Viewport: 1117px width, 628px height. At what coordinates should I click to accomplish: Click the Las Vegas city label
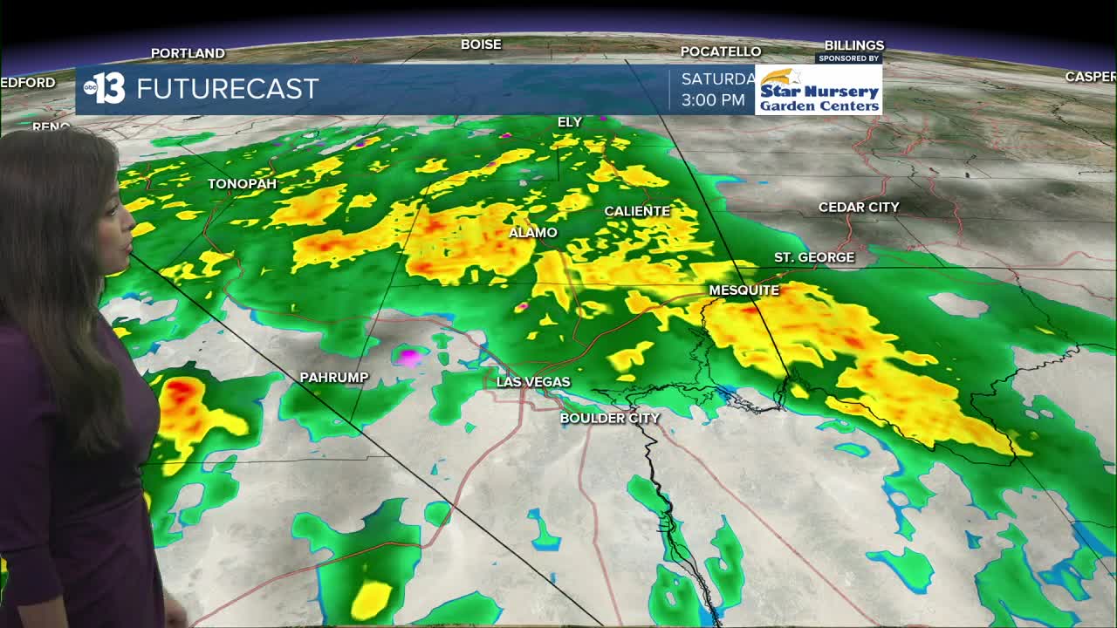click(x=533, y=382)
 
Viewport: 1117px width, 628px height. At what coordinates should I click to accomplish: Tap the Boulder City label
click(x=609, y=418)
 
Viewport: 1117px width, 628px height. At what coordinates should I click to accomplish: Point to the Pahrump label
click(x=333, y=378)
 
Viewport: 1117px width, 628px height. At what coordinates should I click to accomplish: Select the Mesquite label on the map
click(x=744, y=290)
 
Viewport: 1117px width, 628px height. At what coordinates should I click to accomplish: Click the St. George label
click(x=814, y=257)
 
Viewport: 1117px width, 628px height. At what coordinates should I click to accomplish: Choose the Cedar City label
click(x=859, y=208)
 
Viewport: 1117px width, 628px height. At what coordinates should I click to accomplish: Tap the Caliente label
click(x=637, y=211)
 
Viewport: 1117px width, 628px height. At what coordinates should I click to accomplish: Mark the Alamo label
click(x=533, y=233)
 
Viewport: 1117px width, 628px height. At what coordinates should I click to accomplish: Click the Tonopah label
click(x=242, y=184)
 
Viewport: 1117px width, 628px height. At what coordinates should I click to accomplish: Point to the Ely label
click(x=569, y=122)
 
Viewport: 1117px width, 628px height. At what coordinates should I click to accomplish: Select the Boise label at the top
click(x=481, y=44)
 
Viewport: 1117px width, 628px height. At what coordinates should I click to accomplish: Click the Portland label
click(x=188, y=53)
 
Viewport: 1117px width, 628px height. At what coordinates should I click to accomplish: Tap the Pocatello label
click(x=721, y=51)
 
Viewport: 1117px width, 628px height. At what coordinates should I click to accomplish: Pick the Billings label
click(x=854, y=45)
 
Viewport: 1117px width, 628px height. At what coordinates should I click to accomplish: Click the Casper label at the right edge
click(x=1090, y=77)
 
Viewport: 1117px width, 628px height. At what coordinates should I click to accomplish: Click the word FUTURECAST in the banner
click(x=227, y=89)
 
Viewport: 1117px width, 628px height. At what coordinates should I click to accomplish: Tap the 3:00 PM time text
click(x=713, y=100)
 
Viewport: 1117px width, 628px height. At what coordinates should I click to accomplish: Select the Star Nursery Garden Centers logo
click(x=819, y=90)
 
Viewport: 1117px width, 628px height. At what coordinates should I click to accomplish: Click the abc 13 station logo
click(x=105, y=88)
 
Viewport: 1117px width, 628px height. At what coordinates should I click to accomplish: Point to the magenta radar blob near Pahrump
click(x=408, y=356)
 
